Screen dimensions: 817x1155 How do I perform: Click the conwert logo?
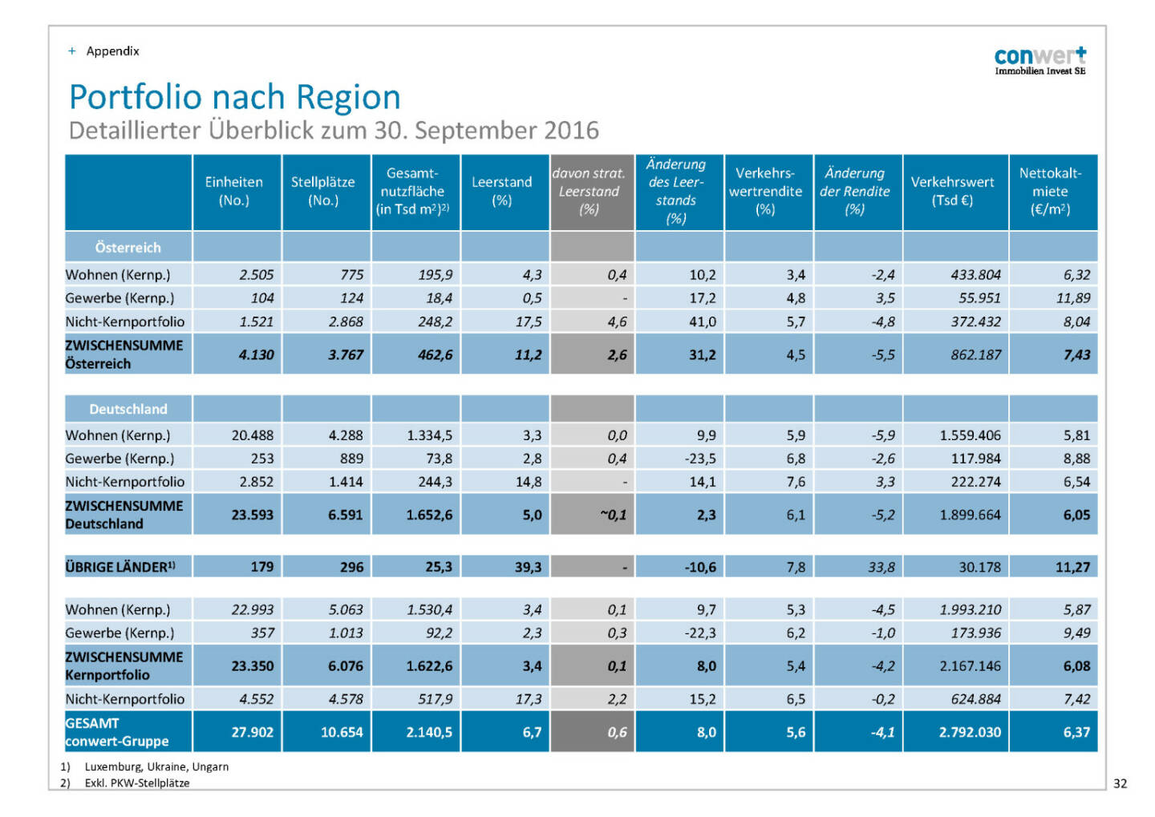(x=1039, y=60)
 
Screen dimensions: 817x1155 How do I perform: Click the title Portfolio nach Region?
(x=234, y=97)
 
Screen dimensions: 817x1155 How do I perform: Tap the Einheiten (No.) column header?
(x=233, y=192)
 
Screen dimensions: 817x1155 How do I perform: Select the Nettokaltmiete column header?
(x=1050, y=192)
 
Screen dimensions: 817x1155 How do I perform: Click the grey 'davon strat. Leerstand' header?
(x=590, y=192)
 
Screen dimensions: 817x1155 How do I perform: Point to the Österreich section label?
(x=128, y=248)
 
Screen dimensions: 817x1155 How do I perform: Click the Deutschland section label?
(x=128, y=409)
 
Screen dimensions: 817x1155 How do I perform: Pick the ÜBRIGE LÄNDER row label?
(x=120, y=567)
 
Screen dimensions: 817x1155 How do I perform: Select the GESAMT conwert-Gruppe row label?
(x=117, y=732)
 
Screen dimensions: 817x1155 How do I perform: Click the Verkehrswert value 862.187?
(x=975, y=354)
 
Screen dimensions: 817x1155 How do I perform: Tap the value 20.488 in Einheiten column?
(x=252, y=435)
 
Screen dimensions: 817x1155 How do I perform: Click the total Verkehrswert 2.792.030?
(x=970, y=732)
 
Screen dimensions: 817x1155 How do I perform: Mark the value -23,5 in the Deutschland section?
(x=699, y=459)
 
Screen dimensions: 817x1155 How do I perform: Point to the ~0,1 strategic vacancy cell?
(x=613, y=515)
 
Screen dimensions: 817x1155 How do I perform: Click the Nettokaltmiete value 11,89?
(x=1073, y=298)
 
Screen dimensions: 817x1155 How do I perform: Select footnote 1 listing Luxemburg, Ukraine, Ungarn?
(x=156, y=766)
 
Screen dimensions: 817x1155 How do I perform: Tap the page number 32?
(x=1120, y=783)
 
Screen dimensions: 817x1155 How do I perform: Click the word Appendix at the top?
(x=112, y=51)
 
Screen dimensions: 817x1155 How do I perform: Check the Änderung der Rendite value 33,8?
(x=881, y=567)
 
